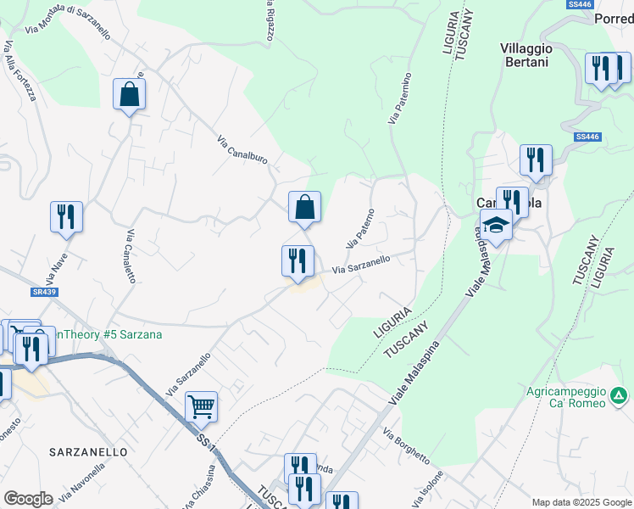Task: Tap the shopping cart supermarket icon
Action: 201,406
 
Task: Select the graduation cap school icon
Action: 496,226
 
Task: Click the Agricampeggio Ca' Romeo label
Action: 565,396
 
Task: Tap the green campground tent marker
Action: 620,395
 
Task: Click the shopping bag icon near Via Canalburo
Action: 304,207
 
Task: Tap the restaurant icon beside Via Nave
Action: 65,216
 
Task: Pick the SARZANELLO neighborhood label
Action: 88,452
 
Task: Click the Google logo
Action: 28,499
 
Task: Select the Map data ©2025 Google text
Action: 581,502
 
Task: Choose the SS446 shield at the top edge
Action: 580,4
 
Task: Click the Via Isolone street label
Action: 429,488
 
